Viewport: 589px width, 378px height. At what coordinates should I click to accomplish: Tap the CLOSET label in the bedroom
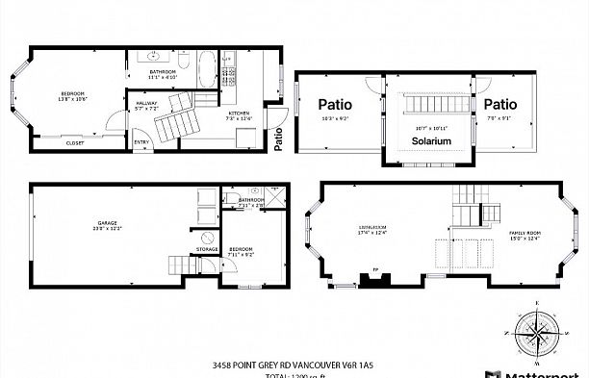[74, 143]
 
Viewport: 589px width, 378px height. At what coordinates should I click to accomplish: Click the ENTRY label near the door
[141, 143]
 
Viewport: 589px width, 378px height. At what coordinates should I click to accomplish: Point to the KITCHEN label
[239, 113]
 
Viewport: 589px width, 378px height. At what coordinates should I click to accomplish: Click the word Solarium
[431, 140]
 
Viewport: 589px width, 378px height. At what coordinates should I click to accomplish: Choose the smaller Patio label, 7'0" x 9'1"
[500, 104]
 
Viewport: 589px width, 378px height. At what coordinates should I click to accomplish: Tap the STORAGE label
[208, 249]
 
